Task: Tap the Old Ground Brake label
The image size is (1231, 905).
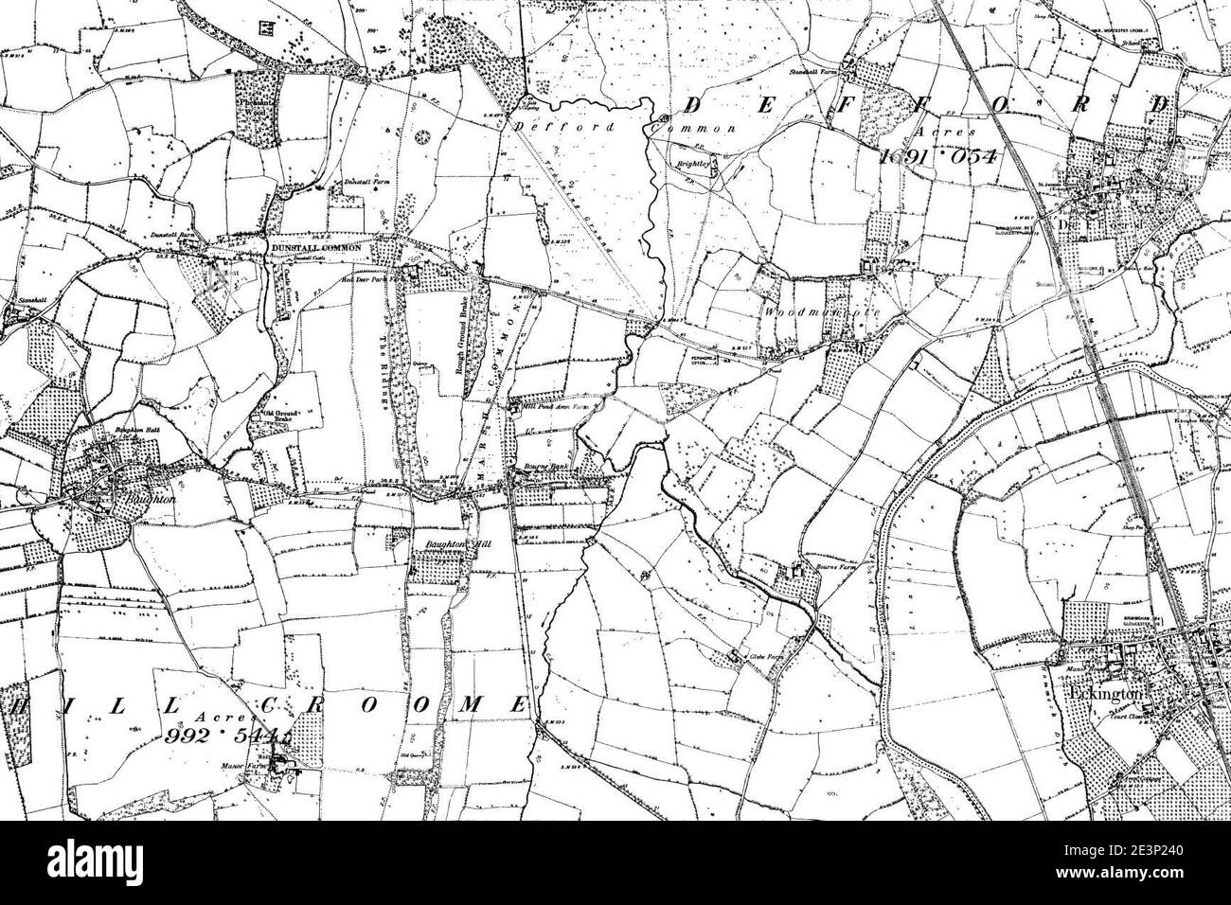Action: point(269,417)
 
